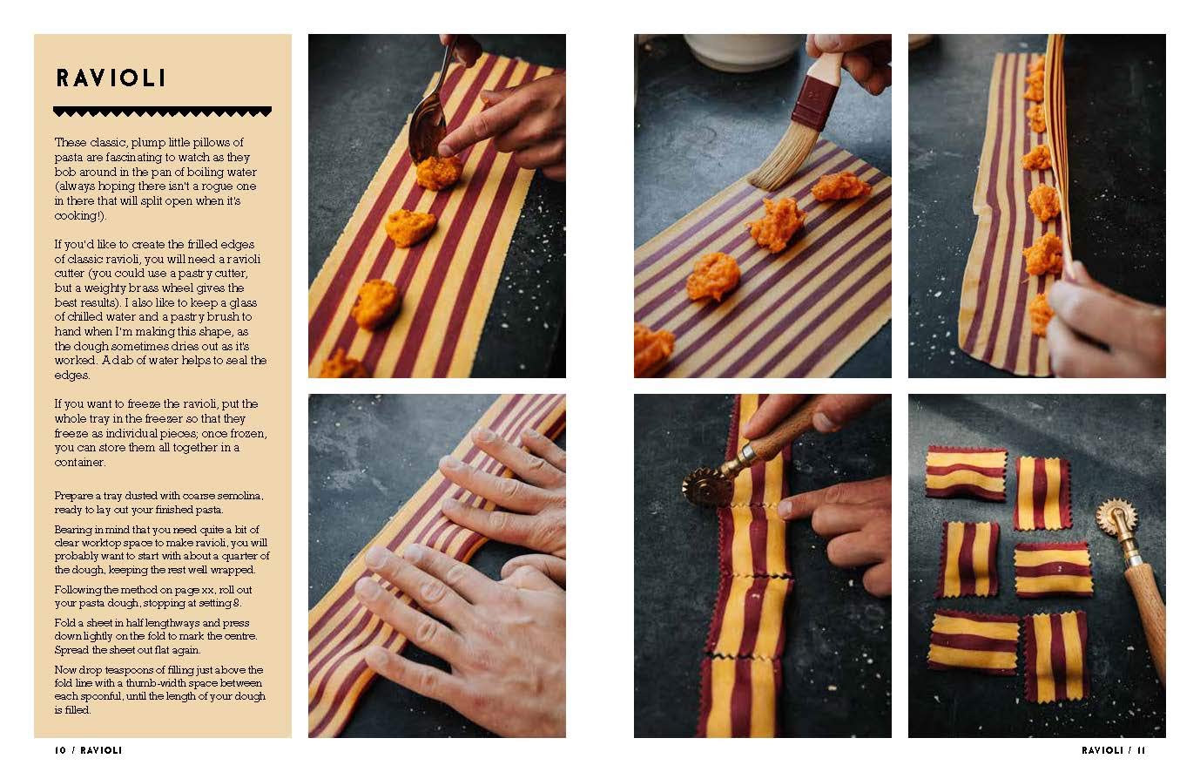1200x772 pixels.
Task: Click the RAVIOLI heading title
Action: (x=111, y=78)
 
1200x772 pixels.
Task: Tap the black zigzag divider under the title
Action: (x=162, y=112)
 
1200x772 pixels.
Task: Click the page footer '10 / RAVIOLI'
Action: (x=88, y=750)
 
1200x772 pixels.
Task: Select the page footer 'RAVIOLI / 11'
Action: (x=1113, y=750)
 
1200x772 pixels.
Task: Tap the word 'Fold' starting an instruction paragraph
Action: (x=65, y=623)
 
